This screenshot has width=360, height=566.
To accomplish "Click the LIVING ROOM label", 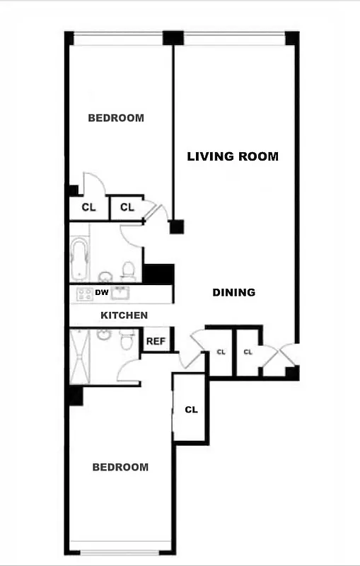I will (232, 156).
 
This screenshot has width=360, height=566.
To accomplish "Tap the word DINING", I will (234, 292).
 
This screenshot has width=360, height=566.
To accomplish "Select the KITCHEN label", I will (124, 315).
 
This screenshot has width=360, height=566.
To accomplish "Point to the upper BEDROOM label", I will (115, 118).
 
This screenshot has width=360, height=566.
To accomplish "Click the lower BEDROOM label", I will (121, 467).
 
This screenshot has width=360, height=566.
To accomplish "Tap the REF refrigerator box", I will (156, 341).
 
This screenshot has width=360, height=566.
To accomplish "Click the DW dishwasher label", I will (102, 292).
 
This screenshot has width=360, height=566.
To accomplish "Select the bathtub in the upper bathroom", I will (79, 259).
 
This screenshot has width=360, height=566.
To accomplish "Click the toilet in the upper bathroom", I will (128, 270).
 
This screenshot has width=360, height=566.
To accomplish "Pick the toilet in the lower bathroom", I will (127, 340).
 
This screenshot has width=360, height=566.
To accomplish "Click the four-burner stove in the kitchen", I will (85, 294).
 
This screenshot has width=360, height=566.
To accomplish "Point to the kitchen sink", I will (121, 293).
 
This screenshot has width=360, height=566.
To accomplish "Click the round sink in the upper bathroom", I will (106, 276).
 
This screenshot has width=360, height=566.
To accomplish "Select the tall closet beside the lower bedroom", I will (190, 409).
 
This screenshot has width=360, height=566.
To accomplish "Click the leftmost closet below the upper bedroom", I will (88, 207).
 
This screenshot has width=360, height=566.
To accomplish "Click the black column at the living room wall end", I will (176, 226).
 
